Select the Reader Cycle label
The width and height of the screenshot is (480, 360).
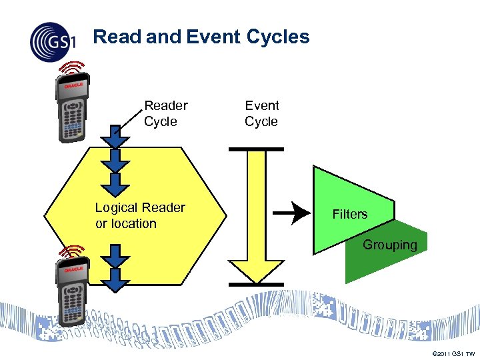165,113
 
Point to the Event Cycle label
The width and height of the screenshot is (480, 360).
261,113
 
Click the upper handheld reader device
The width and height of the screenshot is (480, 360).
73,109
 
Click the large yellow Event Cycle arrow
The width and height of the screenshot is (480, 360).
256,213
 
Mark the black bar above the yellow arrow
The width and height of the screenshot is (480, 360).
256,149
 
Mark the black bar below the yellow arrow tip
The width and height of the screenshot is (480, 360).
256,285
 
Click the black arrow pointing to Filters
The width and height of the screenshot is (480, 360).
293,214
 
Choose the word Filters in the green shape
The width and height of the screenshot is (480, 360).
350,214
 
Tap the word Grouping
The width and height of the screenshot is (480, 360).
390,245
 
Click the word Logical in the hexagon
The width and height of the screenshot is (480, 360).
117,207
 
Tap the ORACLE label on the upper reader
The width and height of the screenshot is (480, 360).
73,86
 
